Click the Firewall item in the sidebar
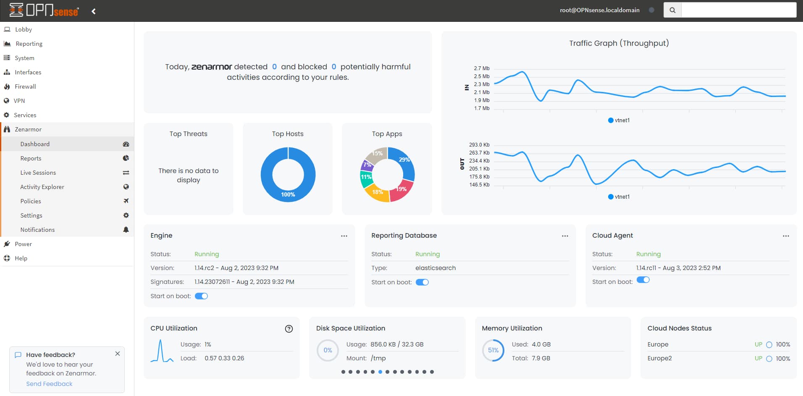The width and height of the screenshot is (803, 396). click(25, 87)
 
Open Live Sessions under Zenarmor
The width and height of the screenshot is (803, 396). click(38, 173)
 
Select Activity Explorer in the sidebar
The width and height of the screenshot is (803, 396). click(42, 187)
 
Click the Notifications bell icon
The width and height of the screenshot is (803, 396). click(126, 230)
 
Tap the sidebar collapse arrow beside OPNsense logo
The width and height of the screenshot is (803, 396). click(94, 11)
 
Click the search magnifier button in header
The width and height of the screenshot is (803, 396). click(672, 10)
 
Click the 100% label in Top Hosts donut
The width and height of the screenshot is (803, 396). click(288, 194)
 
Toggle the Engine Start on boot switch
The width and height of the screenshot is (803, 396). click(201, 296)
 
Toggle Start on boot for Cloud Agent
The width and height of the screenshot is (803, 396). click(643, 280)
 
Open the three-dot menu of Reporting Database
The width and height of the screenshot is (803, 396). click(565, 236)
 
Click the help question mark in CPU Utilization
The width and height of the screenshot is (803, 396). click(289, 329)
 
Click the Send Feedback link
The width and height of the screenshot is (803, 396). click(49, 384)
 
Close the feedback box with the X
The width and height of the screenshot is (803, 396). click(118, 354)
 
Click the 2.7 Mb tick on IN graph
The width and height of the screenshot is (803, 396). click(481, 68)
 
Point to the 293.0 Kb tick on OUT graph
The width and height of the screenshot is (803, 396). click(479, 145)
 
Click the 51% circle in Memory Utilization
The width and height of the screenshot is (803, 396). click(493, 350)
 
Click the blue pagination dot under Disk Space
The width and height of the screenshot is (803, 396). click(380, 372)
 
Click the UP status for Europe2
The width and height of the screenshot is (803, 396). click(758, 359)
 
